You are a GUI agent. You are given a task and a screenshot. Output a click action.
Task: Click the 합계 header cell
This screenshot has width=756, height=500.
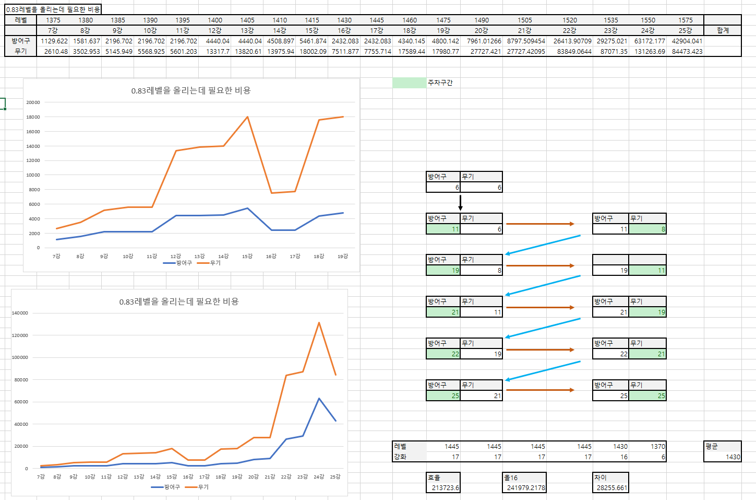tap(723, 30)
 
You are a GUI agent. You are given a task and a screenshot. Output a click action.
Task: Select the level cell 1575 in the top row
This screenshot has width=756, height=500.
tap(686, 20)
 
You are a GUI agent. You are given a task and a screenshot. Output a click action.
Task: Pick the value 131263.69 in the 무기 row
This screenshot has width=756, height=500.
tap(650, 51)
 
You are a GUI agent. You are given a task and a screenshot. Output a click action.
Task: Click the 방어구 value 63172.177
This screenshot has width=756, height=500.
tap(650, 41)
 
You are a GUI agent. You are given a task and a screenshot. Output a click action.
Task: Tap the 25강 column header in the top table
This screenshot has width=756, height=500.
tap(686, 30)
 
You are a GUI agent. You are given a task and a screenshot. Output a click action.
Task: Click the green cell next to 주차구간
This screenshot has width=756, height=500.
tap(409, 83)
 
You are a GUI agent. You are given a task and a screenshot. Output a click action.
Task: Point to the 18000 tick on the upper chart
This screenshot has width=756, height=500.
tap(33, 117)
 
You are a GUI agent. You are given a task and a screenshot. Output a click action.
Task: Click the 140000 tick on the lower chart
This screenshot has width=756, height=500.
tap(20, 313)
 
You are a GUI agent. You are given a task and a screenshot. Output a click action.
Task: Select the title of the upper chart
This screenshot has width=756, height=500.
tap(191, 90)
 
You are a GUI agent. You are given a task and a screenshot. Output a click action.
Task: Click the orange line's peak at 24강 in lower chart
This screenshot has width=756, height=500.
tap(319, 323)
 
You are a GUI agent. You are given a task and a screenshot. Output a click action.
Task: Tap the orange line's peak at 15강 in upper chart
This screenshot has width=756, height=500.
tap(247, 117)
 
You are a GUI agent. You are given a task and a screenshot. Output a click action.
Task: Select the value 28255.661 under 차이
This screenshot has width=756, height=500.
tap(611, 488)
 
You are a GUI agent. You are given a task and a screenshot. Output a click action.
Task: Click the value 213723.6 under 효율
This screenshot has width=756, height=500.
tap(445, 488)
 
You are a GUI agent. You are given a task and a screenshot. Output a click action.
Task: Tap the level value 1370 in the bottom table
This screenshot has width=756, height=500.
tap(657, 446)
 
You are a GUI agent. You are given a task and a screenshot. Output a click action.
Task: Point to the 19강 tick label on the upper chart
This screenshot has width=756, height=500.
tap(342, 257)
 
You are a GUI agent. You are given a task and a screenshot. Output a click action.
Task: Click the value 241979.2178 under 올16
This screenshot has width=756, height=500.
tap(525, 488)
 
